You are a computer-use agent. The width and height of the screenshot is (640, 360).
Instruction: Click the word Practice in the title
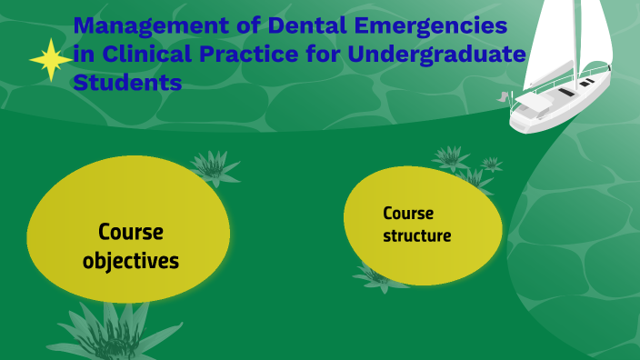(x=250, y=55)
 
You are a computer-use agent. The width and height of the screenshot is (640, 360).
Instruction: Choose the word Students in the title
(x=126, y=83)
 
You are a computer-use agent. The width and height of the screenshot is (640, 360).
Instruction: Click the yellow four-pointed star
(x=50, y=60)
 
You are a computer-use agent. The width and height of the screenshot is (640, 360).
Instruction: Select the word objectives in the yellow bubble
(x=131, y=261)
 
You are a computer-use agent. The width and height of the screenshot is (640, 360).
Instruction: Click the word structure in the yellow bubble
(x=416, y=235)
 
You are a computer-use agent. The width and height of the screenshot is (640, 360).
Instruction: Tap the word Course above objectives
(x=131, y=232)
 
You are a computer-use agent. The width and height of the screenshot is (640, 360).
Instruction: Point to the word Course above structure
(x=408, y=214)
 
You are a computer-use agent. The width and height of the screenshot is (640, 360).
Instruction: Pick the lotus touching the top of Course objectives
(x=213, y=166)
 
